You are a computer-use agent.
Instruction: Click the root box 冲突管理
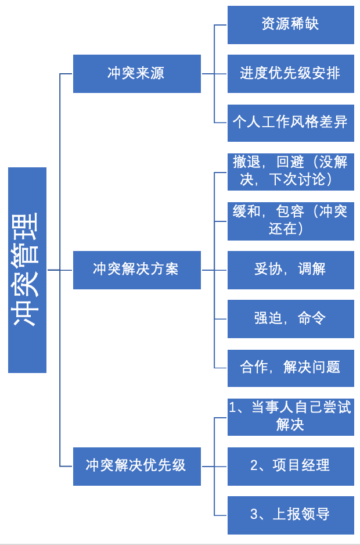pos(27,270)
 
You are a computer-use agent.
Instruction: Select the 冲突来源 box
pos(136,73)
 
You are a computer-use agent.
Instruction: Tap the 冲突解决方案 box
pos(136,270)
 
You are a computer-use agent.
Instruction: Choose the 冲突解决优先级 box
pos(136,466)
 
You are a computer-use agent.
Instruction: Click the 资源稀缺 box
pos(290,24)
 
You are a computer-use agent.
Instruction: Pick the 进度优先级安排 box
pos(290,73)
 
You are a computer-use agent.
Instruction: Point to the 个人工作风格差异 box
pos(290,122)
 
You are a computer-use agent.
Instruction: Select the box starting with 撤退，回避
pos(290,171)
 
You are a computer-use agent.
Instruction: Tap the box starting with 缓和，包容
pos(290,220)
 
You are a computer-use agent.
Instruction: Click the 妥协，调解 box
pos(290,270)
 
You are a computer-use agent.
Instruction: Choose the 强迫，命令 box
pos(290,318)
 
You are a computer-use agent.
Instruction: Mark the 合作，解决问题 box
pos(290,367)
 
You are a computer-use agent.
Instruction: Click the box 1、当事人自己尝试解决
pos(290,417)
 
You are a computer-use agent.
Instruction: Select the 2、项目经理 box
pos(290,466)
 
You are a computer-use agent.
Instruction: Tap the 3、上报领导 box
pos(290,515)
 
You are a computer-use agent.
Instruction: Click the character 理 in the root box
pos(27,225)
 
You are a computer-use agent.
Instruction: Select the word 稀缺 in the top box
pos(305,24)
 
